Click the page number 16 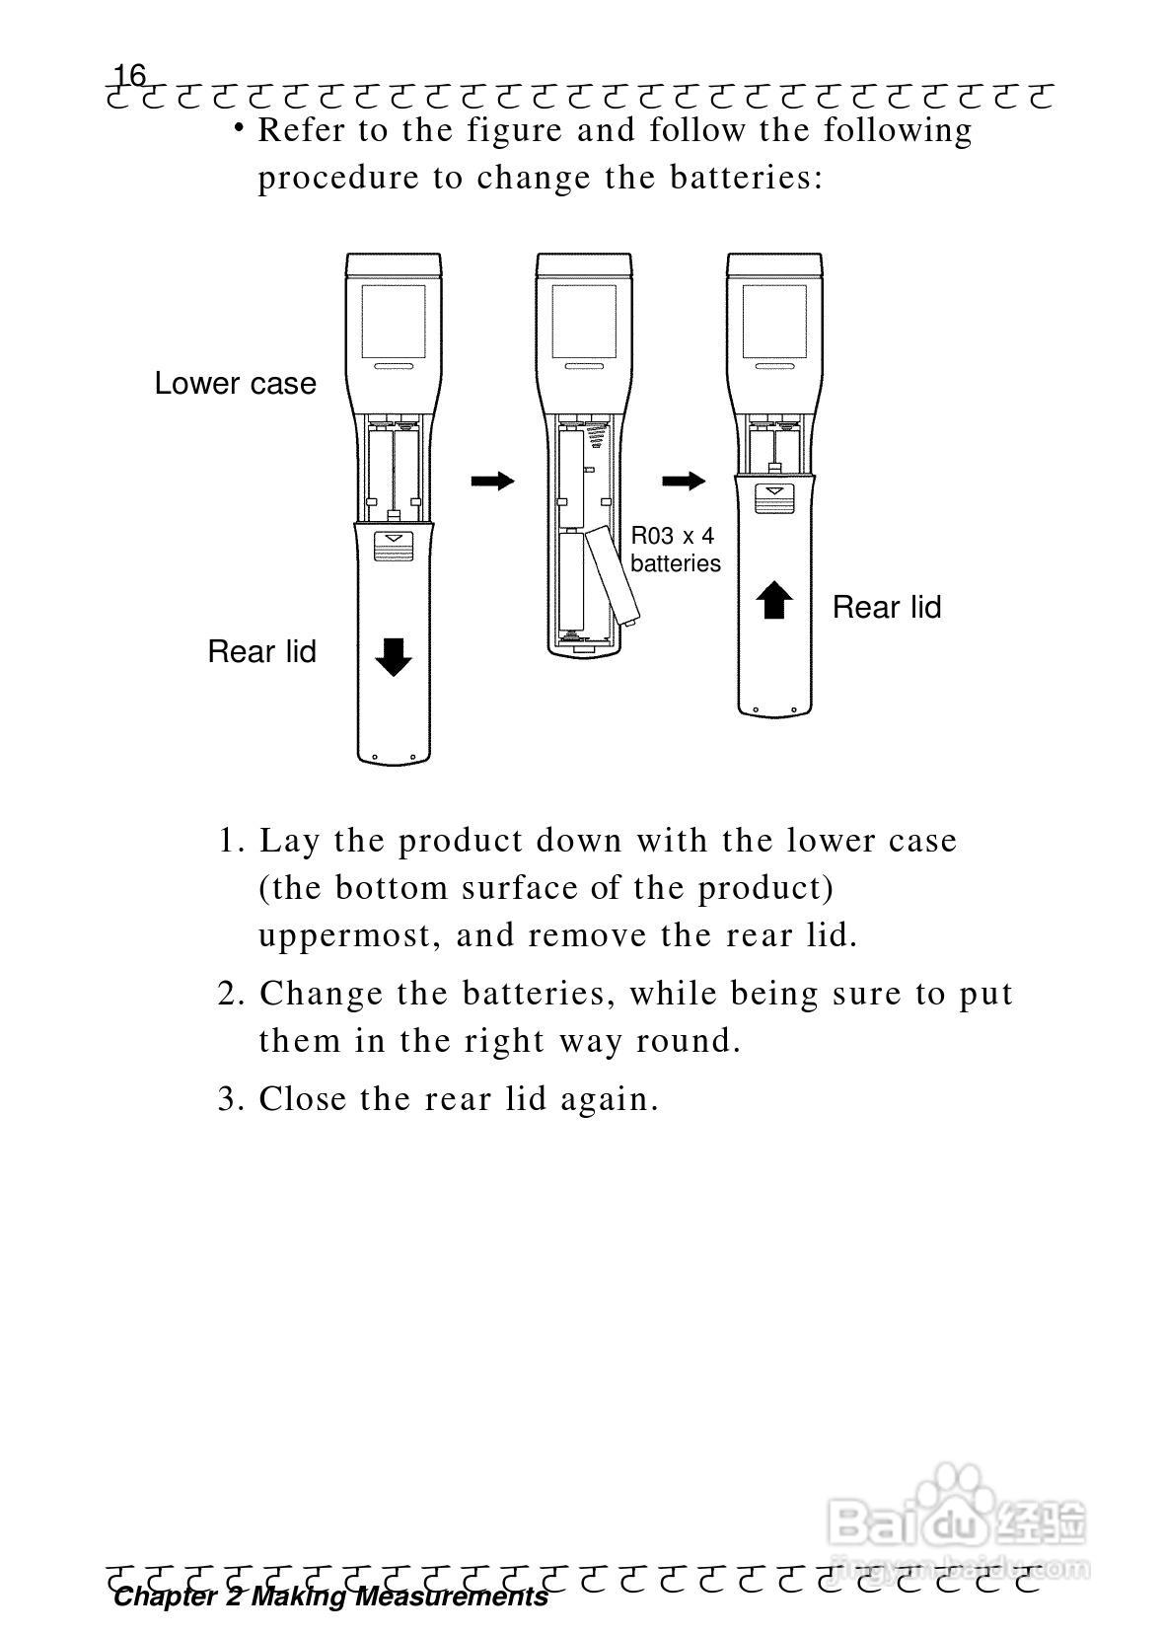[129, 75]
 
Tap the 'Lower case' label [235, 384]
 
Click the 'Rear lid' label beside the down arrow [261, 651]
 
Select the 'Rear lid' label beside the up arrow [886, 607]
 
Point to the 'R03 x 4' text [672, 536]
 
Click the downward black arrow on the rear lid [394, 656]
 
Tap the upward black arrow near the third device [774, 599]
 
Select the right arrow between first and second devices [492, 481]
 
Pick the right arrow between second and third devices [683, 481]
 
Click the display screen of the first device [394, 322]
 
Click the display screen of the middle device [584, 322]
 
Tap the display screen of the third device [774, 322]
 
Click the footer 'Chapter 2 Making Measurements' [330, 1597]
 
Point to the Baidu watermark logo [957, 1520]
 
